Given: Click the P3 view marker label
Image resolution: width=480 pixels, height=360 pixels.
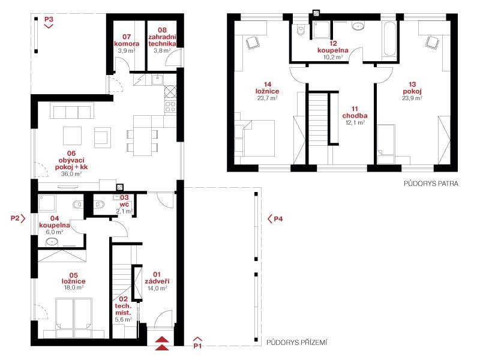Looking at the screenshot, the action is [x=49, y=19].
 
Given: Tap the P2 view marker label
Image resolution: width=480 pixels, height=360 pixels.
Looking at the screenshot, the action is [x=15, y=218].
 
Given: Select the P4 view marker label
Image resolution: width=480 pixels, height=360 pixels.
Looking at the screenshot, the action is [x=278, y=219].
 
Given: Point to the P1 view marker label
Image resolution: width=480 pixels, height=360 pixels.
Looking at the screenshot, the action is [x=197, y=346].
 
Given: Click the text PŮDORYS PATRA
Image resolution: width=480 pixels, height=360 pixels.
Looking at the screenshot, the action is [x=431, y=184].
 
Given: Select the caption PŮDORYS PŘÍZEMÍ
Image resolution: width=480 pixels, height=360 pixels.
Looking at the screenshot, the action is [x=296, y=342].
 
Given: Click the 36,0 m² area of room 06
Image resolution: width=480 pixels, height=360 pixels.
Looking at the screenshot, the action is [x=71, y=174].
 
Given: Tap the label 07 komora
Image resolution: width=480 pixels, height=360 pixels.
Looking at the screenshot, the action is [x=127, y=40].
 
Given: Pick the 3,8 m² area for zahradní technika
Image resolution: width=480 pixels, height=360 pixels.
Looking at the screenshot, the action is [x=162, y=50].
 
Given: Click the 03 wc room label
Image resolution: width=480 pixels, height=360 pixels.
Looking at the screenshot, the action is [x=124, y=201].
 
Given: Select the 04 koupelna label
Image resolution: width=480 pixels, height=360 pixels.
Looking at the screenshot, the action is [x=55, y=221].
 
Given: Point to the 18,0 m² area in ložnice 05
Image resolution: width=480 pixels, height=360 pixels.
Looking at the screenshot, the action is [x=74, y=287].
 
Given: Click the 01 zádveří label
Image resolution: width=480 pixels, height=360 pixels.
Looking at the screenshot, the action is [x=157, y=278].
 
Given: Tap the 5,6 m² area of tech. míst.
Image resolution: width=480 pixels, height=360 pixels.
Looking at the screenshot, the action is [x=124, y=319].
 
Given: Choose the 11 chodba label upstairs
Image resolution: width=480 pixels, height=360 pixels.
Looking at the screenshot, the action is [x=355, y=112].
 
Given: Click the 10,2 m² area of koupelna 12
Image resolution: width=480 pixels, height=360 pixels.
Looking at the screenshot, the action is [x=333, y=57].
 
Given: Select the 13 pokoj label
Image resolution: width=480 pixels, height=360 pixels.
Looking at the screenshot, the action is [x=412, y=88].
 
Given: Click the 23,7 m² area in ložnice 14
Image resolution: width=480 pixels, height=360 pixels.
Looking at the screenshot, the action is [x=267, y=98].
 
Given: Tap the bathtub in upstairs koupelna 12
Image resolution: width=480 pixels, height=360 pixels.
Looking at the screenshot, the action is [x=389, y=38].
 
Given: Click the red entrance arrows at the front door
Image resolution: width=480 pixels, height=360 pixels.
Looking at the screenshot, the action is [x=161, y=343].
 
